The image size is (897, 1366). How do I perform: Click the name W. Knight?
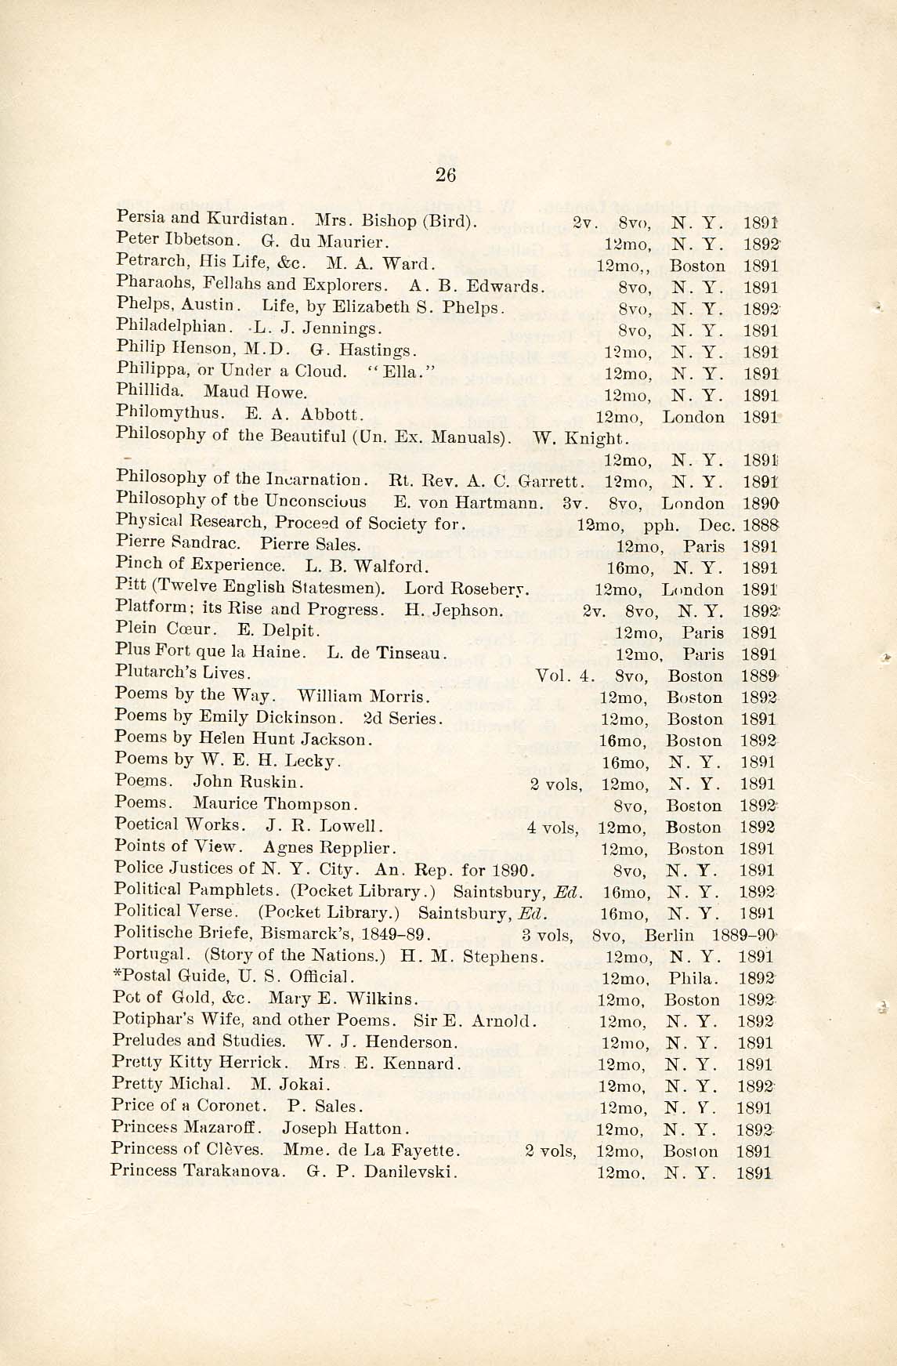click(581, 436)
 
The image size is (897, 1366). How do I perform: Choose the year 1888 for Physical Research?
click(761, 524)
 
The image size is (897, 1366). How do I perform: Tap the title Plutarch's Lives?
click(183, 672)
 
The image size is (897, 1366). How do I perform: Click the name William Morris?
click(362, 696)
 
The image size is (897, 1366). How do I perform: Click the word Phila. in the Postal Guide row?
click(689, 978)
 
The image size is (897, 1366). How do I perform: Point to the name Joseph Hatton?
click(345, 1129)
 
